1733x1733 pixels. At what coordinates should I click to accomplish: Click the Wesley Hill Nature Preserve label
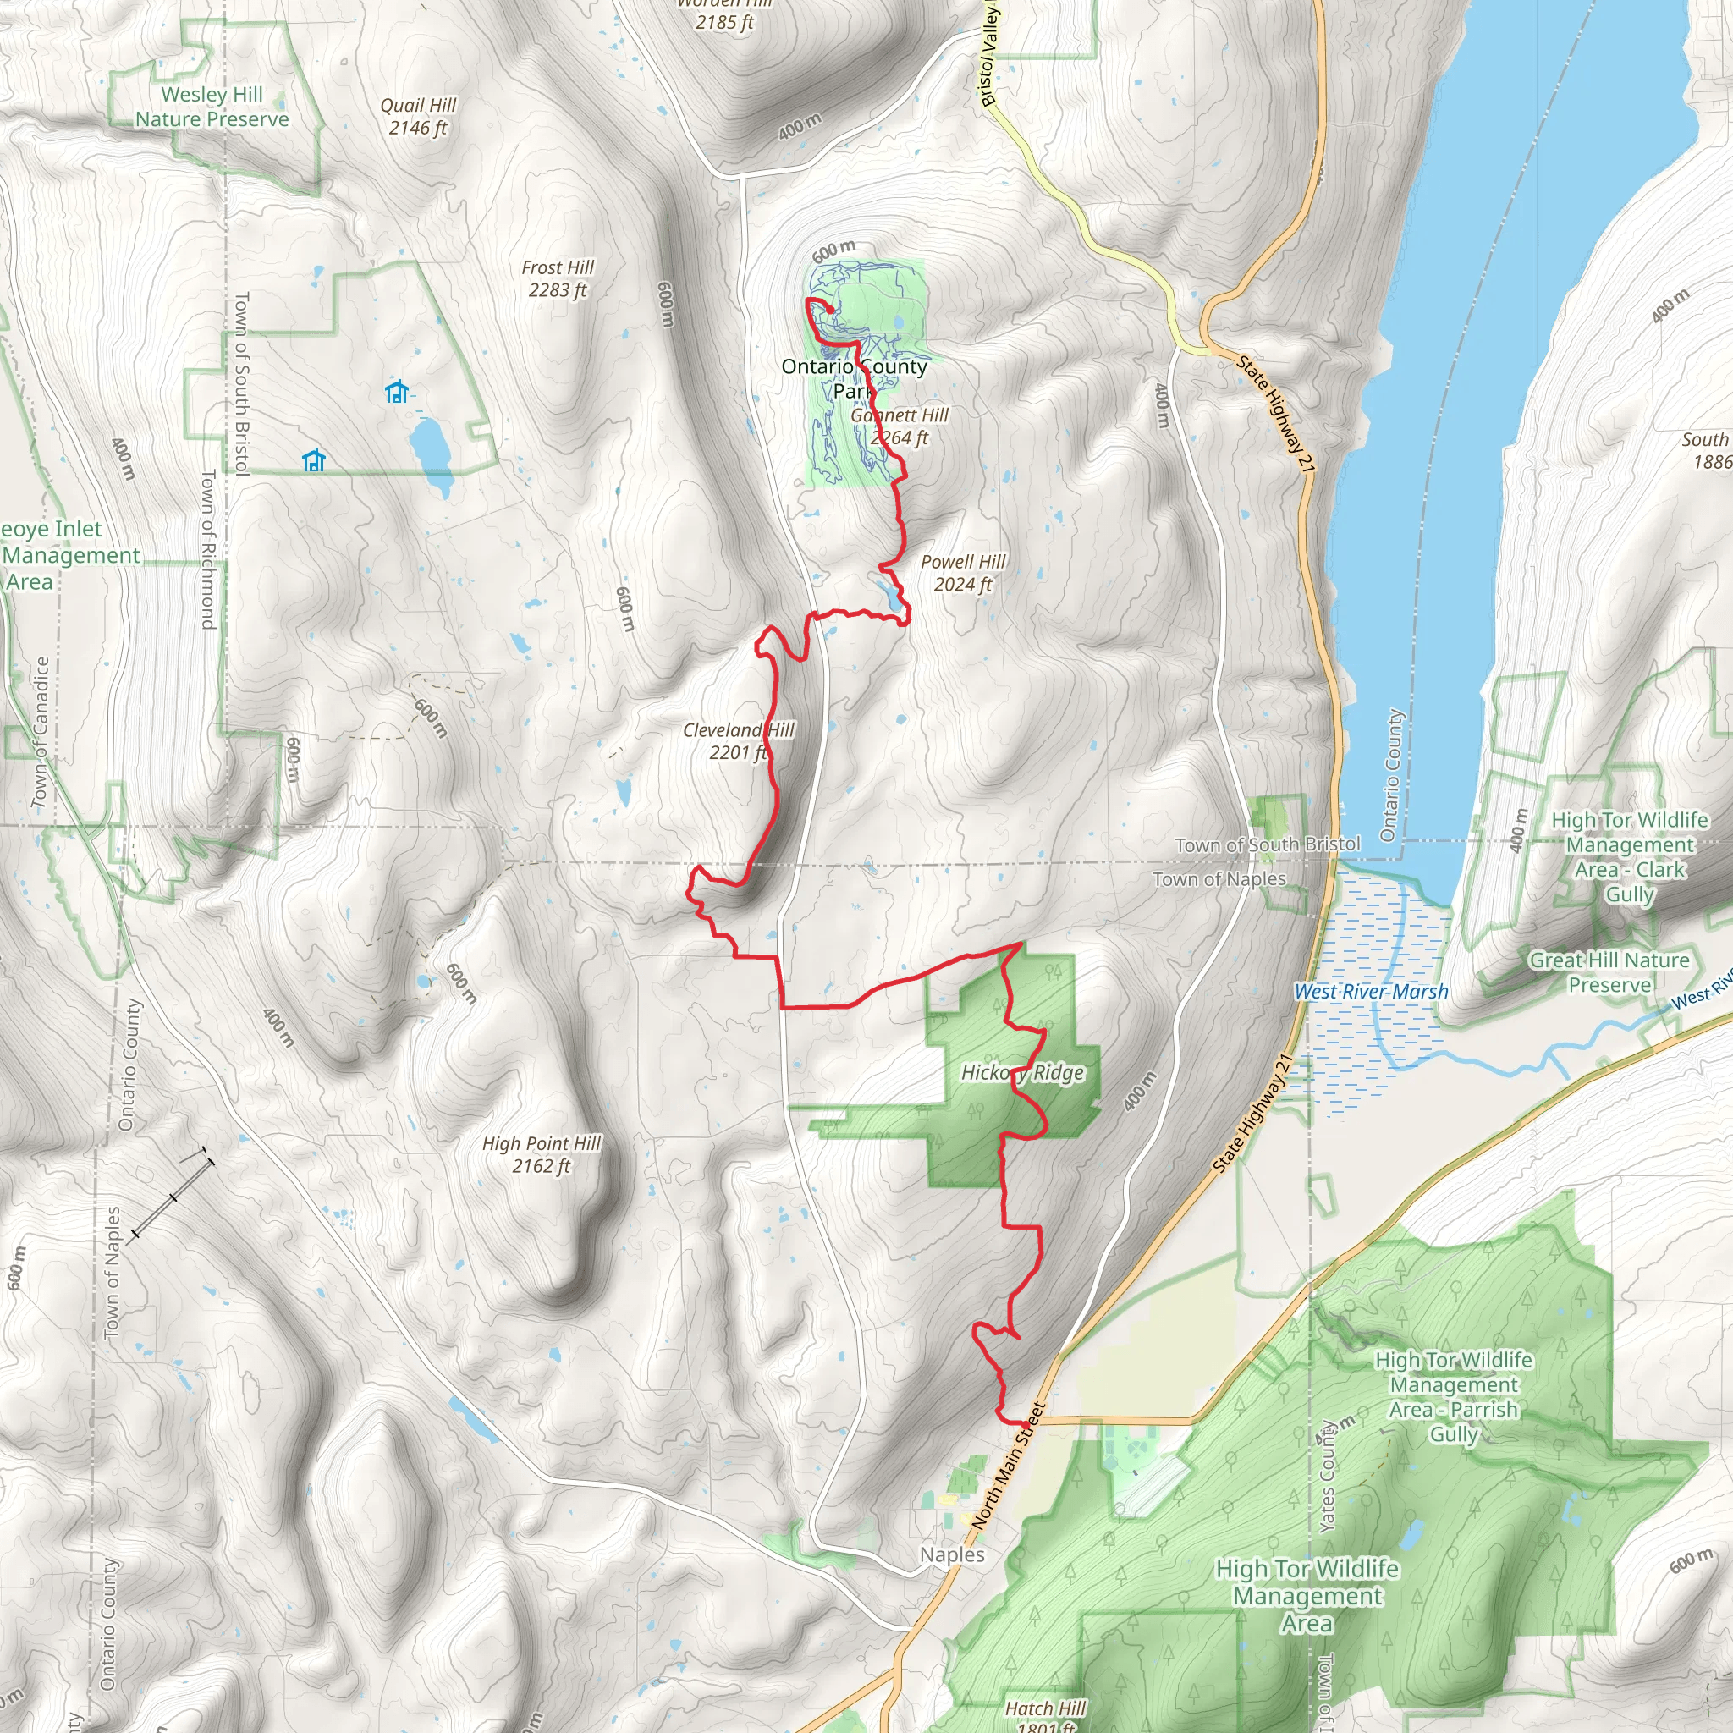click(x=212, y=107)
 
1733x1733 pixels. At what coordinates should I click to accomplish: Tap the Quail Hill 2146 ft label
click(x=418, y=117)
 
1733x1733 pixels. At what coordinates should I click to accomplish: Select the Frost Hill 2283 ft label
click(x=557, y=279)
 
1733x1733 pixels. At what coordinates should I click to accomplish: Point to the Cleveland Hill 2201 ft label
click(x=737, y=741)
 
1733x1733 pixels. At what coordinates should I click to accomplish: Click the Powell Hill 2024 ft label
click(x=962, y=572)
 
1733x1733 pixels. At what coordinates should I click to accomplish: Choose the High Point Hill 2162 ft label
click(x=541, y=1154)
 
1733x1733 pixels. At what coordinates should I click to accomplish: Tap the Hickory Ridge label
click(x=1022, y=1073)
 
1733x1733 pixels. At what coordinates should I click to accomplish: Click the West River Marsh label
click(x=1371, y=991)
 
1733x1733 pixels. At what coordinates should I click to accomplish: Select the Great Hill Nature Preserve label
click(x=1609, y=972)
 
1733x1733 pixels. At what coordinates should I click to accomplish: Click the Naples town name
click(x=952, y=1554)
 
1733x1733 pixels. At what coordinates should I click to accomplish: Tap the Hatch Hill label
click(x=1045, y=1708)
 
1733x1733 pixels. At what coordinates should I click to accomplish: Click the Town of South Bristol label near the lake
click(x=1268, y=844)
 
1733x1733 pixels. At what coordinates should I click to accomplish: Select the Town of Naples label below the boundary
click(x=1219, y=879)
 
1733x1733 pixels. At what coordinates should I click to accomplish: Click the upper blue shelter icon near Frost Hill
click(x=397, y=392)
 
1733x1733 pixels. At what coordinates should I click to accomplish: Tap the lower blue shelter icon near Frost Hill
click(x=313, y=461)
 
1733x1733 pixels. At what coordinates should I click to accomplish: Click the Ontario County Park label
click(x=853, y=377)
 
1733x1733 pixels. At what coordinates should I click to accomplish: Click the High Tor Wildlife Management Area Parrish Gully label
click(x=1453, y=1396)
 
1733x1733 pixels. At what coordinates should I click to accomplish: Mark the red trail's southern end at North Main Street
click(x=1026, y=1423)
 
